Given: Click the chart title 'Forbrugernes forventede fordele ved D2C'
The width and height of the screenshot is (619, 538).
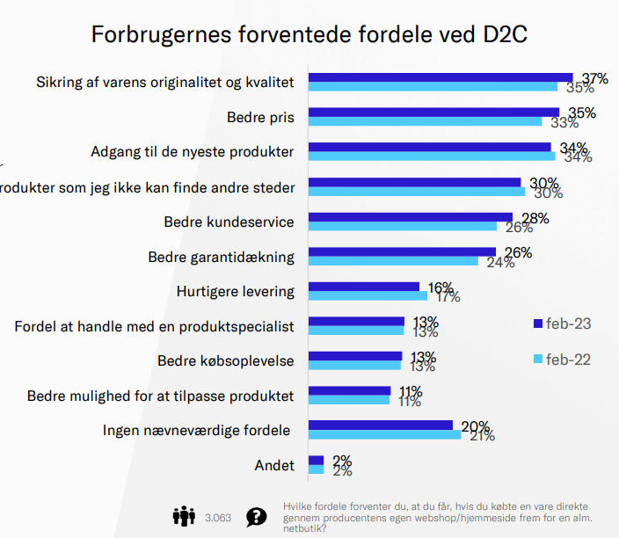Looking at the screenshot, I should click(x=309, y=35).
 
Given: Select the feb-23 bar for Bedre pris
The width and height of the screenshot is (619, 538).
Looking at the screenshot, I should click(x=433, y=112).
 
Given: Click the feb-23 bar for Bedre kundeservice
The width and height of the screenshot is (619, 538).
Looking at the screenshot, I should click(x=410, y=216).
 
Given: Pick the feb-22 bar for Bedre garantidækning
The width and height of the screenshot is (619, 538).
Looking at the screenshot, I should click(x=393, y=261).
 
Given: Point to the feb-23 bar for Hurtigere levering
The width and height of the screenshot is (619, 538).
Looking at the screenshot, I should click(x=363, y=286).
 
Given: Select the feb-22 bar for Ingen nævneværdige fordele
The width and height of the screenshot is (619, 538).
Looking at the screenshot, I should click(x=384, y=434).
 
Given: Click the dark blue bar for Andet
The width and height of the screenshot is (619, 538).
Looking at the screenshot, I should click(x=316, y=460).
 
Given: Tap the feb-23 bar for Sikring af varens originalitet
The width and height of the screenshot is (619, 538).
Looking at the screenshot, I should click(x=440, y=77).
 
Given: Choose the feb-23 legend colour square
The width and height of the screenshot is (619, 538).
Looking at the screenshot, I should click(x=538, y=324).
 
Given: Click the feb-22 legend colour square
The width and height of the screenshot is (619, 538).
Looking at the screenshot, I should click(x=538, y=360).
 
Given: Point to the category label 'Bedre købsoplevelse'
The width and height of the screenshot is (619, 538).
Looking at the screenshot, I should click(x=226, y=361).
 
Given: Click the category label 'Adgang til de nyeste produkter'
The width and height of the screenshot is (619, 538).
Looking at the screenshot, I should click(x=192, y=152).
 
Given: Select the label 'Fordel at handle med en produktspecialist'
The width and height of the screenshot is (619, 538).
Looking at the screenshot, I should click(x=154, y=326).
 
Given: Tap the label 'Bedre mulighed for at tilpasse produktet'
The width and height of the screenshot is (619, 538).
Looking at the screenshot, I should click(x=161, y=396).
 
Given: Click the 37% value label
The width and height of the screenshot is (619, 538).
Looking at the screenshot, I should click(x=594, y=79).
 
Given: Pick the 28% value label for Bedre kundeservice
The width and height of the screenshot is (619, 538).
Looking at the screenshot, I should click(x=535, y=218).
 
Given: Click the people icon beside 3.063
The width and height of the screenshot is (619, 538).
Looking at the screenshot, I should click(x=184, y=515).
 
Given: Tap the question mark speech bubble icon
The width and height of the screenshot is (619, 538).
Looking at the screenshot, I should click(x=256, y=516).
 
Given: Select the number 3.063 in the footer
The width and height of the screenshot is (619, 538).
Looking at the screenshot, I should click(x=217, y=517).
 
